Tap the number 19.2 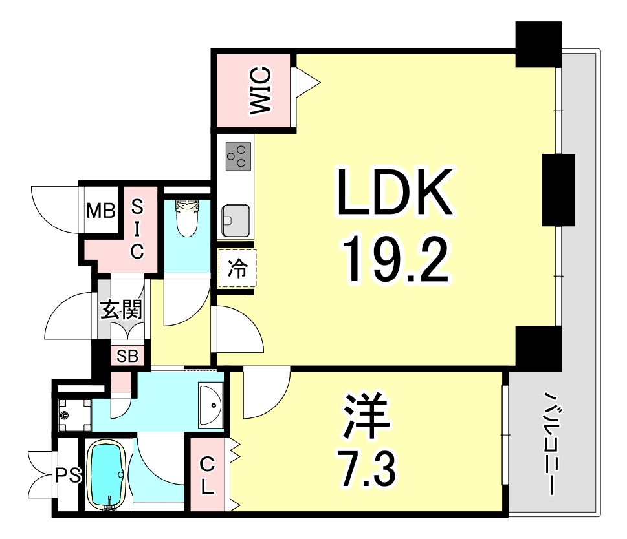[395, 258]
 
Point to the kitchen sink [235, 220]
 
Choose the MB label [101, 211]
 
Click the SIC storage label [137, 229]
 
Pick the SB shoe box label [127, 356]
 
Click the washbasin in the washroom [210, 405]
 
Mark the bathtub [105, 476]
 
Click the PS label [67, 476]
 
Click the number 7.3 [367, 470]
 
